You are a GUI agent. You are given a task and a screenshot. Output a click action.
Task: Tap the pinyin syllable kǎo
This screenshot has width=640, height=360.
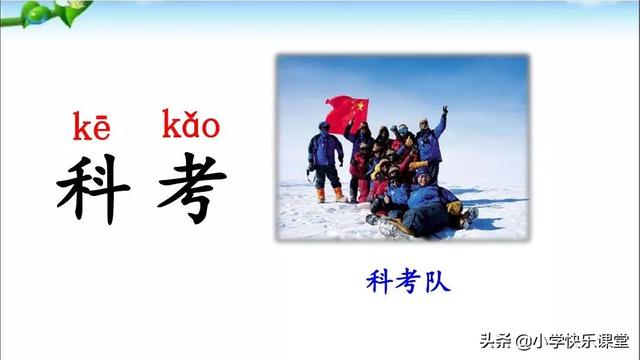pyautogui.click(x=190, y=127)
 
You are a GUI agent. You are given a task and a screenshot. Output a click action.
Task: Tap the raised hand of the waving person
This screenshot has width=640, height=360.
pyautogui.click(x=444, y=109)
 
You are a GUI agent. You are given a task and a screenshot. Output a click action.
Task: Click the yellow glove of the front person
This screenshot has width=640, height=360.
pyautogui.click(x=454, y=207)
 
